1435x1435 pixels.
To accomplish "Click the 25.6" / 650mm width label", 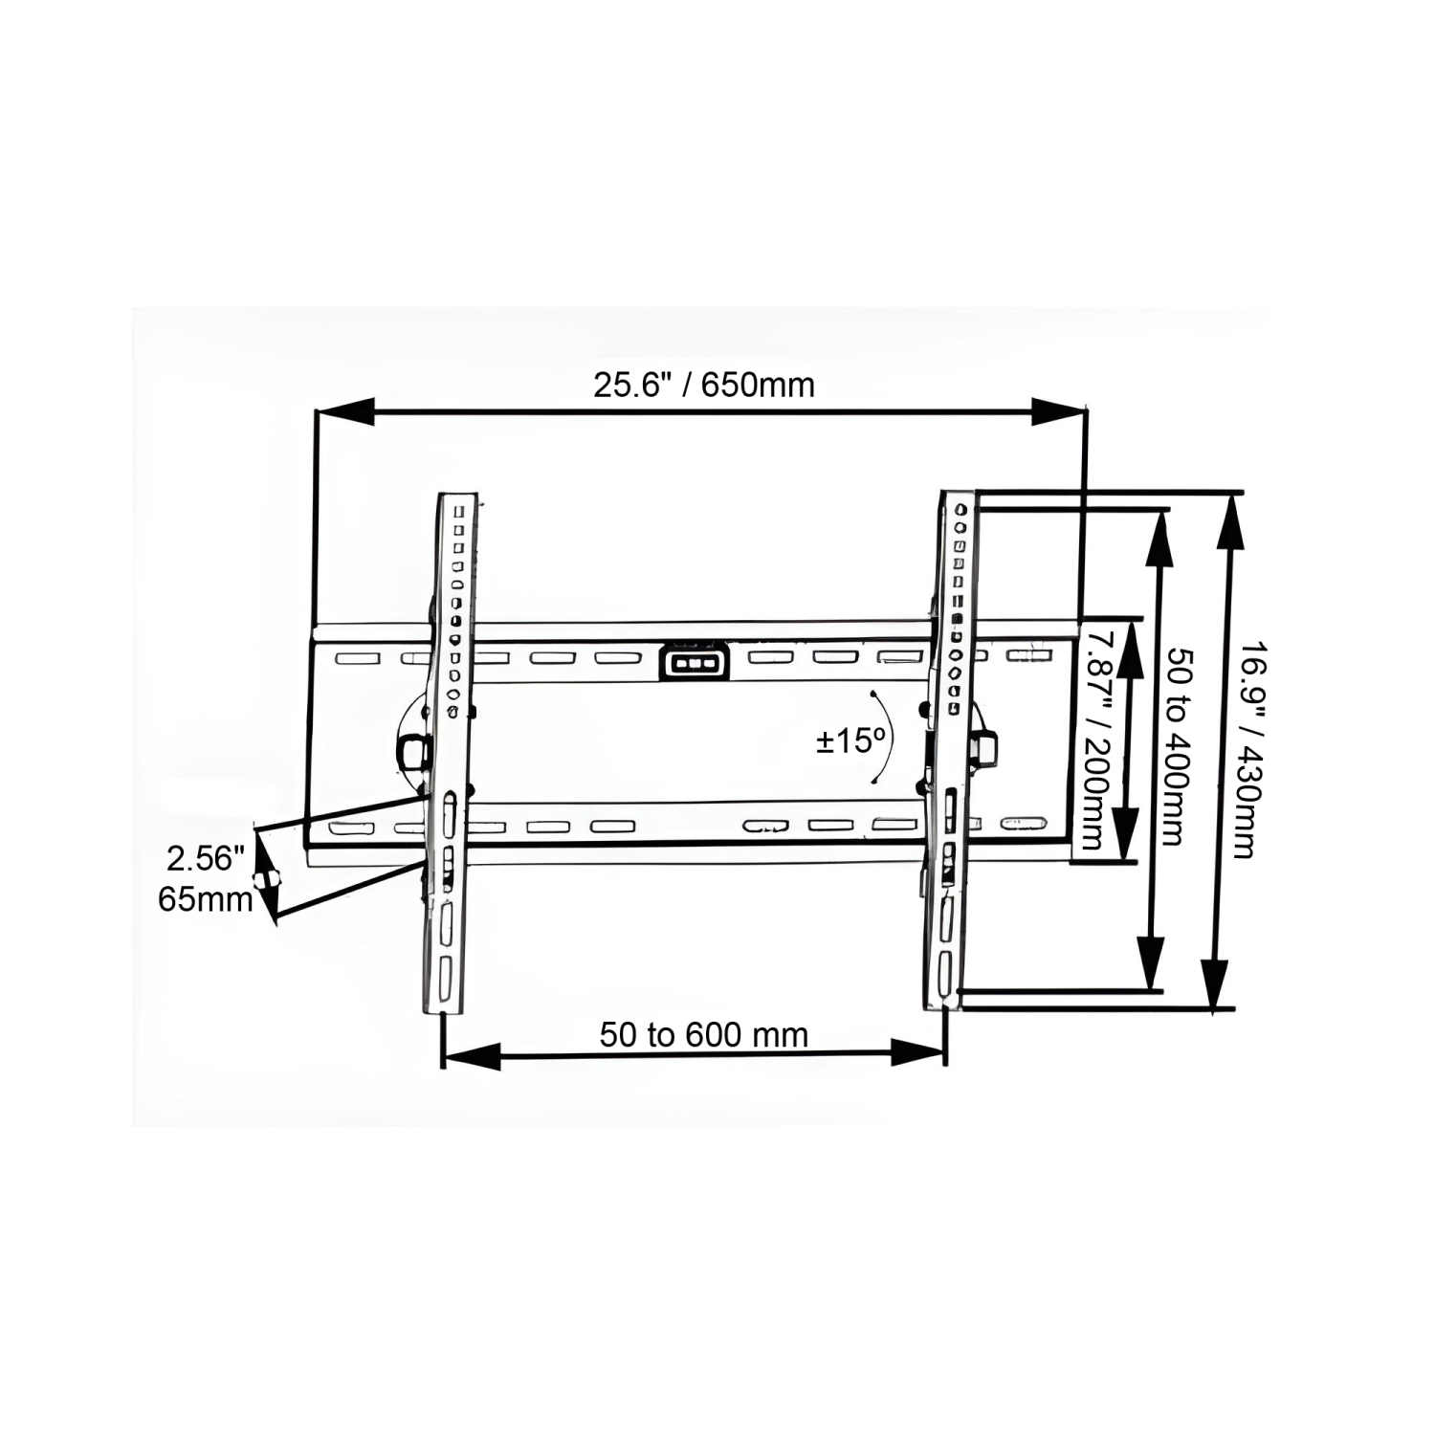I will point(703,385).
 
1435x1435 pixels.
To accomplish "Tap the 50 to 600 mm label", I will point(703,1034).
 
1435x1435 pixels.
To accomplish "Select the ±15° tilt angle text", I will point(850,740).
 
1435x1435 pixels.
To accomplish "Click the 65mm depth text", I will point(205,899).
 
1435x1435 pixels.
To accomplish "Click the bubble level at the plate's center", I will point(693,662).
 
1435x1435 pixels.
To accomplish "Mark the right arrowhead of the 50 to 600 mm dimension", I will point(917,1052).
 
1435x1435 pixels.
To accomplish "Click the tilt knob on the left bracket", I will point(412,752).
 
